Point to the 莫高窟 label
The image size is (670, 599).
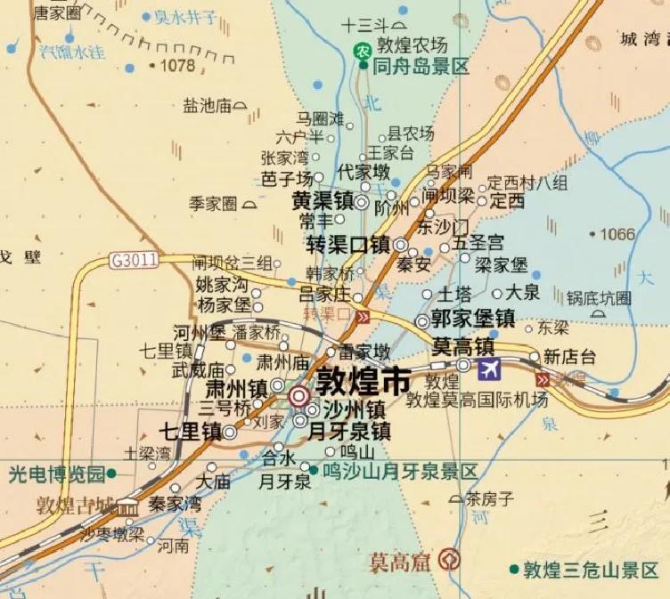404,562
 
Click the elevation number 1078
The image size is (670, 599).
176,65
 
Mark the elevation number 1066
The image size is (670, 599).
617,234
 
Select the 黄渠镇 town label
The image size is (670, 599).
323,201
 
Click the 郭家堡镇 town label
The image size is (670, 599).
472,318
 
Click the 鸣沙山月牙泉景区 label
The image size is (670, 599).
399,471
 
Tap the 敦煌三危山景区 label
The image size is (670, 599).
591,570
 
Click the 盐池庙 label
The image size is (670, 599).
207,106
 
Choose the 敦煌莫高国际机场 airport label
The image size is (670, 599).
476,400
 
